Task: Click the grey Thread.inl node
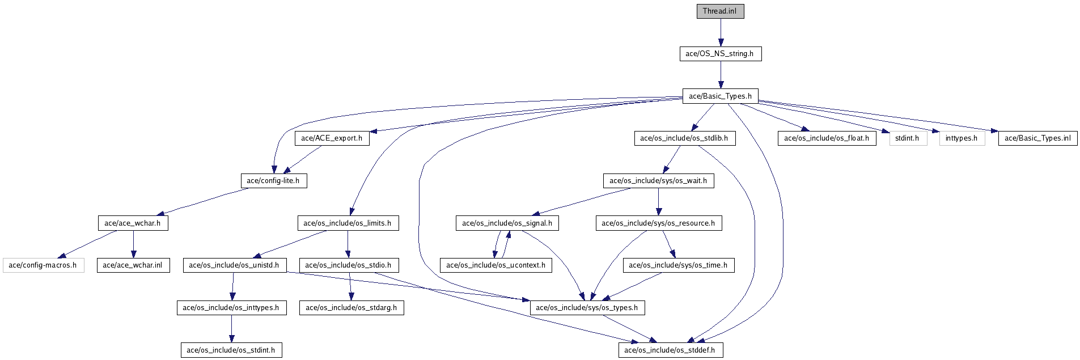pos(720,11)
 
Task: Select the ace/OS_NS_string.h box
pos(720,54)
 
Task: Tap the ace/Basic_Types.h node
pos(720,96)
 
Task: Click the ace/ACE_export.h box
pos(332,138)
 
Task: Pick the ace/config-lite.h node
pos(273,181)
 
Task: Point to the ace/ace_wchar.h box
pos(133,223)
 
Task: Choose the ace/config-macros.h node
pos(43,265)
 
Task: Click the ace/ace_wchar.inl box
pos(133,265)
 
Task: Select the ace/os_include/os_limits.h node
pos(348,223)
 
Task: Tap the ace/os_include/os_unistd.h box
pos(234,265)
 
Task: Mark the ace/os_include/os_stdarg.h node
pos(351,308)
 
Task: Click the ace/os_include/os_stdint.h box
pos(231,350)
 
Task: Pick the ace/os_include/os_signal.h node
pos(507,223)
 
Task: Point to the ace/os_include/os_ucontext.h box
pos(496,265)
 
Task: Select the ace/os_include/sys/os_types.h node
pos(587,308)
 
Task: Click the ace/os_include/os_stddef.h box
pos(670,350)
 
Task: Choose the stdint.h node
pos(908,138)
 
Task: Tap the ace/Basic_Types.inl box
pos(1037,138)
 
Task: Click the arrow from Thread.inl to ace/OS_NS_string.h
pos(720,32)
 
